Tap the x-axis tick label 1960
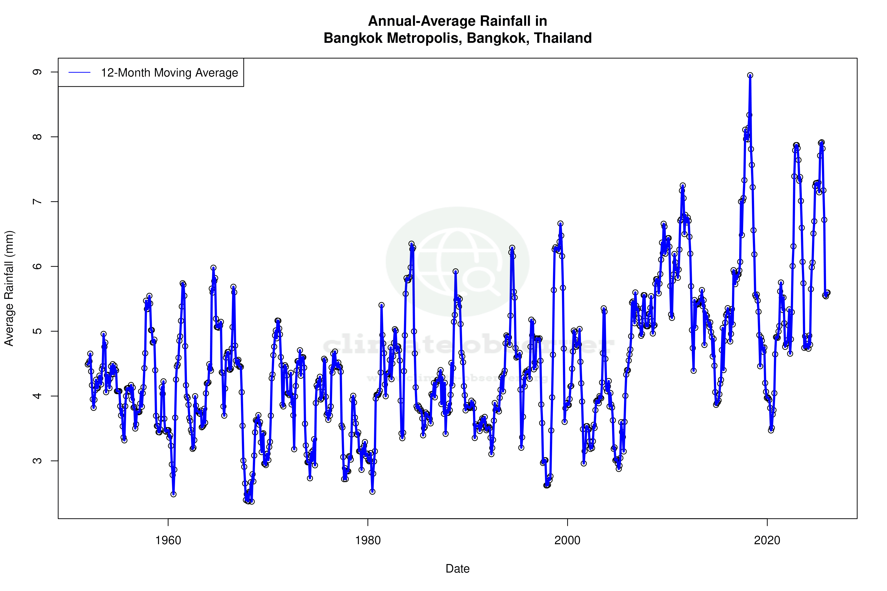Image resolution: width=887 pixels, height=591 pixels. click(168, 540)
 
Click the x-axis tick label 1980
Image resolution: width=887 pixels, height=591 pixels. click(368, 540)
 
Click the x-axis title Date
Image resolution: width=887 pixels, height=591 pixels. click(457, 569)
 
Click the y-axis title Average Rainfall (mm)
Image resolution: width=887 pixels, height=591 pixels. click(9, 288)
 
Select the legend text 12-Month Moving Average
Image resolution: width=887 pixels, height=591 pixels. click(169, 73)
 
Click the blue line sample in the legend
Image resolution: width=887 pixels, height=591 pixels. click(79, 73)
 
